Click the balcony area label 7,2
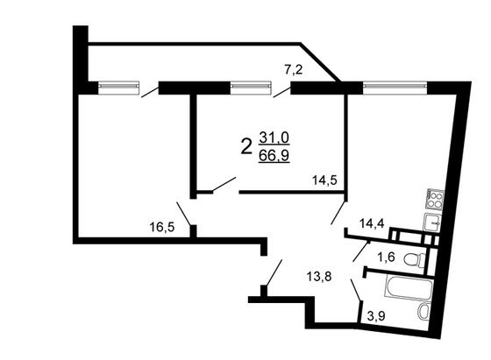click(294, 70)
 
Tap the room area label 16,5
click(161, 227)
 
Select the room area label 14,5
click(324, 180)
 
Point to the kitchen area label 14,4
click(372, 223)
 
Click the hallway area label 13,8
click(319, 277)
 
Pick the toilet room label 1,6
click(386, 258)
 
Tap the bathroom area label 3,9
click(376, 316)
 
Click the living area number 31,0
click(274, 138)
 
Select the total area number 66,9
click(274, 155)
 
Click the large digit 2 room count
click(246, 146)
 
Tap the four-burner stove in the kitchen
click(435, 199)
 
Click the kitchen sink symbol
click(432, 222)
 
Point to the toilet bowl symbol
click(415, 259)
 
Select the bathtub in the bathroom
click(408, 287)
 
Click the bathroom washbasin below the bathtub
click(423, 312)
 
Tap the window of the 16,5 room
click(118, 88)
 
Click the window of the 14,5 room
click(251, 88)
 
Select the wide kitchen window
click(395, 88)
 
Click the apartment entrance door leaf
click(274, 272)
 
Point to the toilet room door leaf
click(361, 251)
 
